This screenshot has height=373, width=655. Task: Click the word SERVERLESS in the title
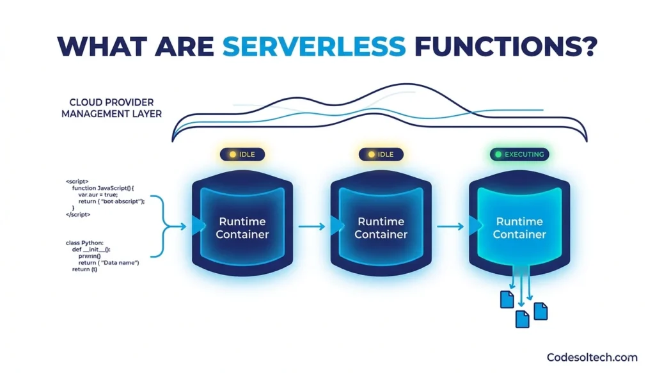click(x=314, y=46)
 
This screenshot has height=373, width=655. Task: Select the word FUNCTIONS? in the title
click(x=506, y=46)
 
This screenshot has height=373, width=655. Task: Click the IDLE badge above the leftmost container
click(x=242, y=154)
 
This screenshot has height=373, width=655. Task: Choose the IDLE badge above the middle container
click(x=381, y=154)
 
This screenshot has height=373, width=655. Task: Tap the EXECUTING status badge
click(x=519, y=154)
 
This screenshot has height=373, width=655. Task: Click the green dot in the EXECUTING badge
click(x=498, y=154)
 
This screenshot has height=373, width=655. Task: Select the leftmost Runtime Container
click(x=242, y=227)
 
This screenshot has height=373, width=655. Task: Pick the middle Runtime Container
click(x=381, y=227)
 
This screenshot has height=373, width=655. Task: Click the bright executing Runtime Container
click(x=519, y=227)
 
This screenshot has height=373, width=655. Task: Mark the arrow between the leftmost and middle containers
click(x=312, y=226)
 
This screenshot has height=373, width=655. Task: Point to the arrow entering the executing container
click(x=450, y=226)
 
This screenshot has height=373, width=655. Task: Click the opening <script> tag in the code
click(x=77, y=182)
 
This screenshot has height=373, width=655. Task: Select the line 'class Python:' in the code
click(x=88, y=242)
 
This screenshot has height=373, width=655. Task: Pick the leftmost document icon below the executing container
click(x=507, y=299)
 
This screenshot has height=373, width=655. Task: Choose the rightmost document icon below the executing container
click(x=541, y=311)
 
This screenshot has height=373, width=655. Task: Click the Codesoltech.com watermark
click(x=592, y=357)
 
